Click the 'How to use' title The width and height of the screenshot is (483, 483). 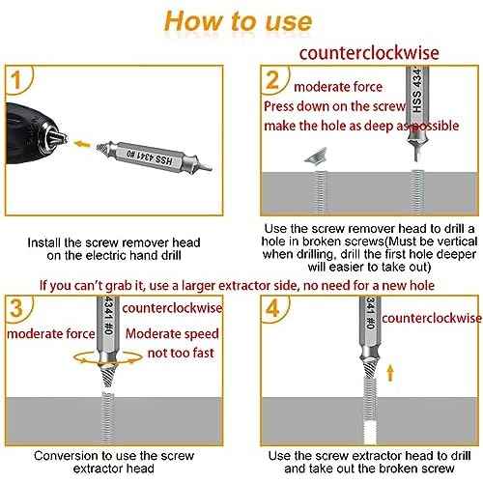coord(238,21)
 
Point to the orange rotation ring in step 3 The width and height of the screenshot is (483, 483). coord(96,357)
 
